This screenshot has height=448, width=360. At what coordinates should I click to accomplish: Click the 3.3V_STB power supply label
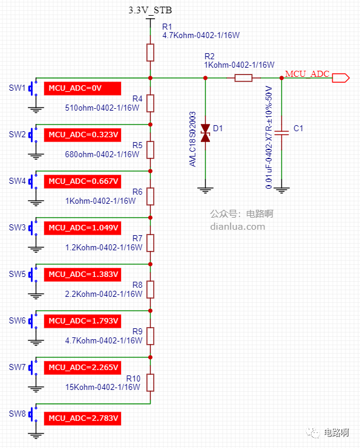(x=150, y=10)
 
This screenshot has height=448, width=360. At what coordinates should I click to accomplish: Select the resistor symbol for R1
(x=151, y=53)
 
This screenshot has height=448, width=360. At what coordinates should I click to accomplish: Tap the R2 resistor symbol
(x=243, y=78)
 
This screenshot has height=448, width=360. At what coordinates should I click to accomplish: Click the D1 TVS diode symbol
(x=205, y=133)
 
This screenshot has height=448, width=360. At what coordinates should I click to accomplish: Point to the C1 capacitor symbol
(x=282, y=133)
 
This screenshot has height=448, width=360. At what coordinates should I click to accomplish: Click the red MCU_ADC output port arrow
(x=341, y=78)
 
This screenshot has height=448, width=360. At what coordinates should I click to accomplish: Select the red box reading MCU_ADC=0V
(x=82, y=88)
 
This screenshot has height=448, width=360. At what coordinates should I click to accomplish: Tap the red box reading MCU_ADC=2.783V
(x=82, y=418)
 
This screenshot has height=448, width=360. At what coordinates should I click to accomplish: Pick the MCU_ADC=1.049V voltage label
(x=82, y=228)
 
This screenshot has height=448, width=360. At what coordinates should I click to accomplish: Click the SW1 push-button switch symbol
(x=33, y=88)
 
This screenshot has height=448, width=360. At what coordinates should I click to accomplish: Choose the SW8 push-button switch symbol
(x=33, y=414)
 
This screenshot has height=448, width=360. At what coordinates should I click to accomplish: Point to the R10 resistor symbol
(x=151, y=383)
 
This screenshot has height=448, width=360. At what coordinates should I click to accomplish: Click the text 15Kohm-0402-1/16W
(x=103, y=387)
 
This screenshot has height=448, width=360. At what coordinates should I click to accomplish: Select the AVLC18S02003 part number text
(x=193, y=139)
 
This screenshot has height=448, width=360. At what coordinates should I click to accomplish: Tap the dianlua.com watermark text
(x=238, y=227)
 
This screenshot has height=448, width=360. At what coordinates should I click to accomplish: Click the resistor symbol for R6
(x=151, y=196)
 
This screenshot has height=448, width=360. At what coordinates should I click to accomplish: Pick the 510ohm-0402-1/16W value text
(x=102, y=108)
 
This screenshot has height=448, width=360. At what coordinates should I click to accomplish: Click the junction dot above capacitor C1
(x=282, y=78)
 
